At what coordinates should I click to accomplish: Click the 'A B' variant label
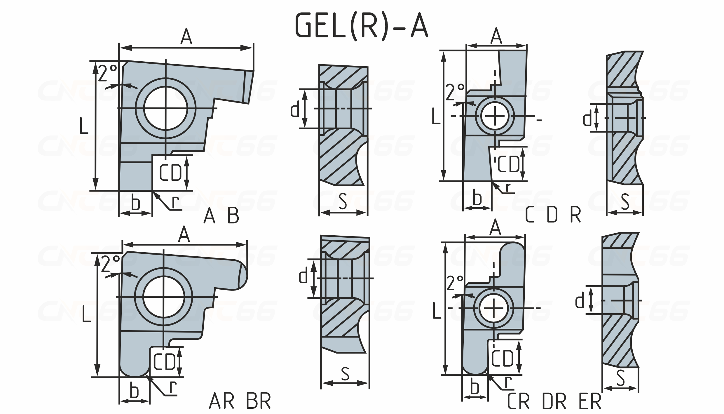(x=221, y=216)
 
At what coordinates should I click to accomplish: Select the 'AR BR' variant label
(x=240, y=401)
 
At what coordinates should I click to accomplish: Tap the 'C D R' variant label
(x=553, y=215)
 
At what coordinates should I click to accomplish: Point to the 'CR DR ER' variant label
(x=554, y=401)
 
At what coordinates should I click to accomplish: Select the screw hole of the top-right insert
(x=495, y=116)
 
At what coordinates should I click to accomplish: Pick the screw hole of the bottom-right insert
(x=493, y=308)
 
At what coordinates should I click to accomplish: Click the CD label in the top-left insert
(x=170, y=173)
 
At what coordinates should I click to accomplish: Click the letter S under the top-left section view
(x=343, y=201)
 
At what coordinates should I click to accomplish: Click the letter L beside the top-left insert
(x=84, y=126)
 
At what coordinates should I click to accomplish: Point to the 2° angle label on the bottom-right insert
(x=455, y=283)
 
